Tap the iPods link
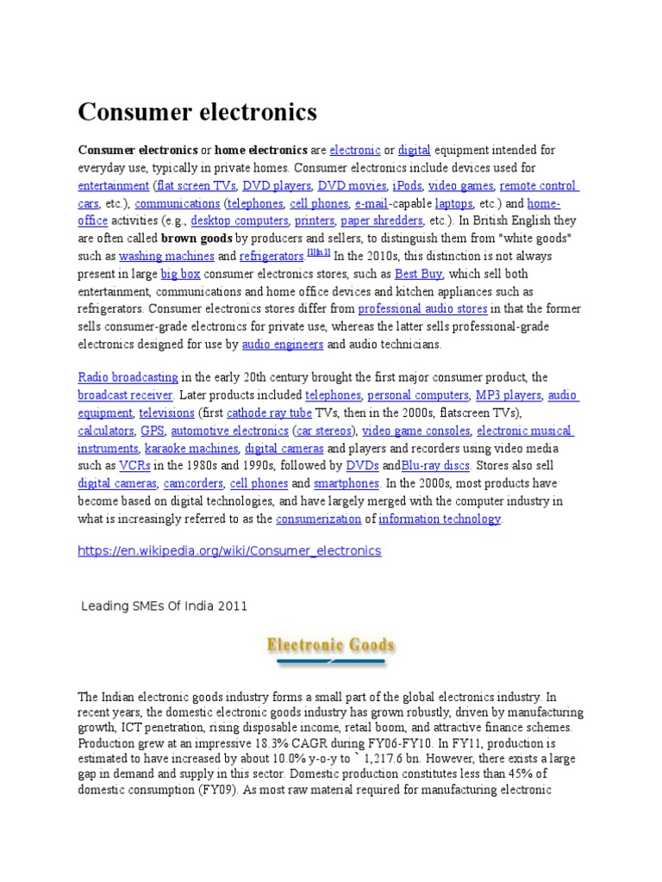pos(406,186)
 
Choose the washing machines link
pos(166,256)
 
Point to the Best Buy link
pos(418,274)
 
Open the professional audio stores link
pos(422,308)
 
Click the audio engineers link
pos(283,344)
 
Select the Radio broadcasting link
pos(128,378)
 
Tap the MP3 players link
pos(509,396)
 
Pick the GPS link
pos(152,431)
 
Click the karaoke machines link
pos(191,449)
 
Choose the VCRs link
pos(134,466)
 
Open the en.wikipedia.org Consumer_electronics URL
pos(229,550)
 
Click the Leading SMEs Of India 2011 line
pos(164,606)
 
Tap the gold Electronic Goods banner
pos(331,646)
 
